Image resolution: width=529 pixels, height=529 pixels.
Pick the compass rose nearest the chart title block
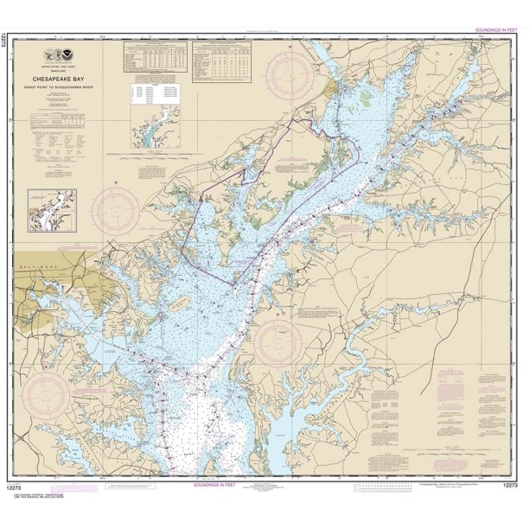coord(116,208)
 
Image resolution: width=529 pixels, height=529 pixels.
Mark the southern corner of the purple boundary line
coord(231,283)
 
